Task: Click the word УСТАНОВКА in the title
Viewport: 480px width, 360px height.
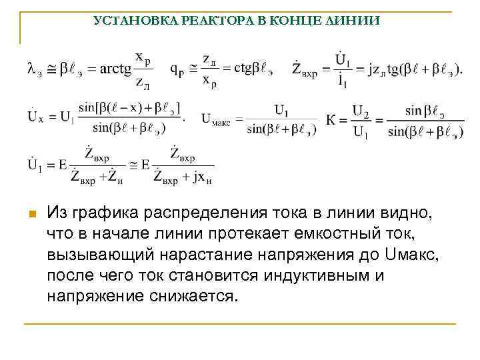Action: click(x=127, y=21)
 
